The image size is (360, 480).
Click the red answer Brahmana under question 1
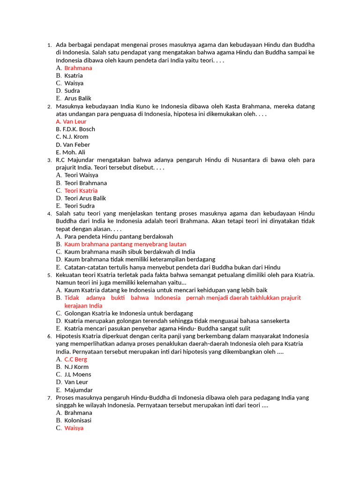(78, 68)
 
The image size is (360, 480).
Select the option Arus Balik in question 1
(78, 98)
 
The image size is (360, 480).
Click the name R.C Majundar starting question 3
(76, 160)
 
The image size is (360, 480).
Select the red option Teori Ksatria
(81, 191)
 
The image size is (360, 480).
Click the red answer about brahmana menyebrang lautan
(125, 244)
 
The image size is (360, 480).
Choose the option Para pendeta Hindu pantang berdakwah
(119, 237)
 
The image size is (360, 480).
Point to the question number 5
(49, 275)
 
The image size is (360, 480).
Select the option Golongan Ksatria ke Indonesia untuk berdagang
(128, 313)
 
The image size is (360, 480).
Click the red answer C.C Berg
(75, 359)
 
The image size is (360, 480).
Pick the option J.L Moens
(78, 375)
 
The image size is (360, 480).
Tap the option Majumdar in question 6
(78, 390)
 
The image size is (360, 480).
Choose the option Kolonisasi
(78, 420)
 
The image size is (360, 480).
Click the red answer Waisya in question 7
(74, 428)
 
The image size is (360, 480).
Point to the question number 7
(49, 398)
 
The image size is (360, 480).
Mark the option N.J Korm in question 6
(76, 367)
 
